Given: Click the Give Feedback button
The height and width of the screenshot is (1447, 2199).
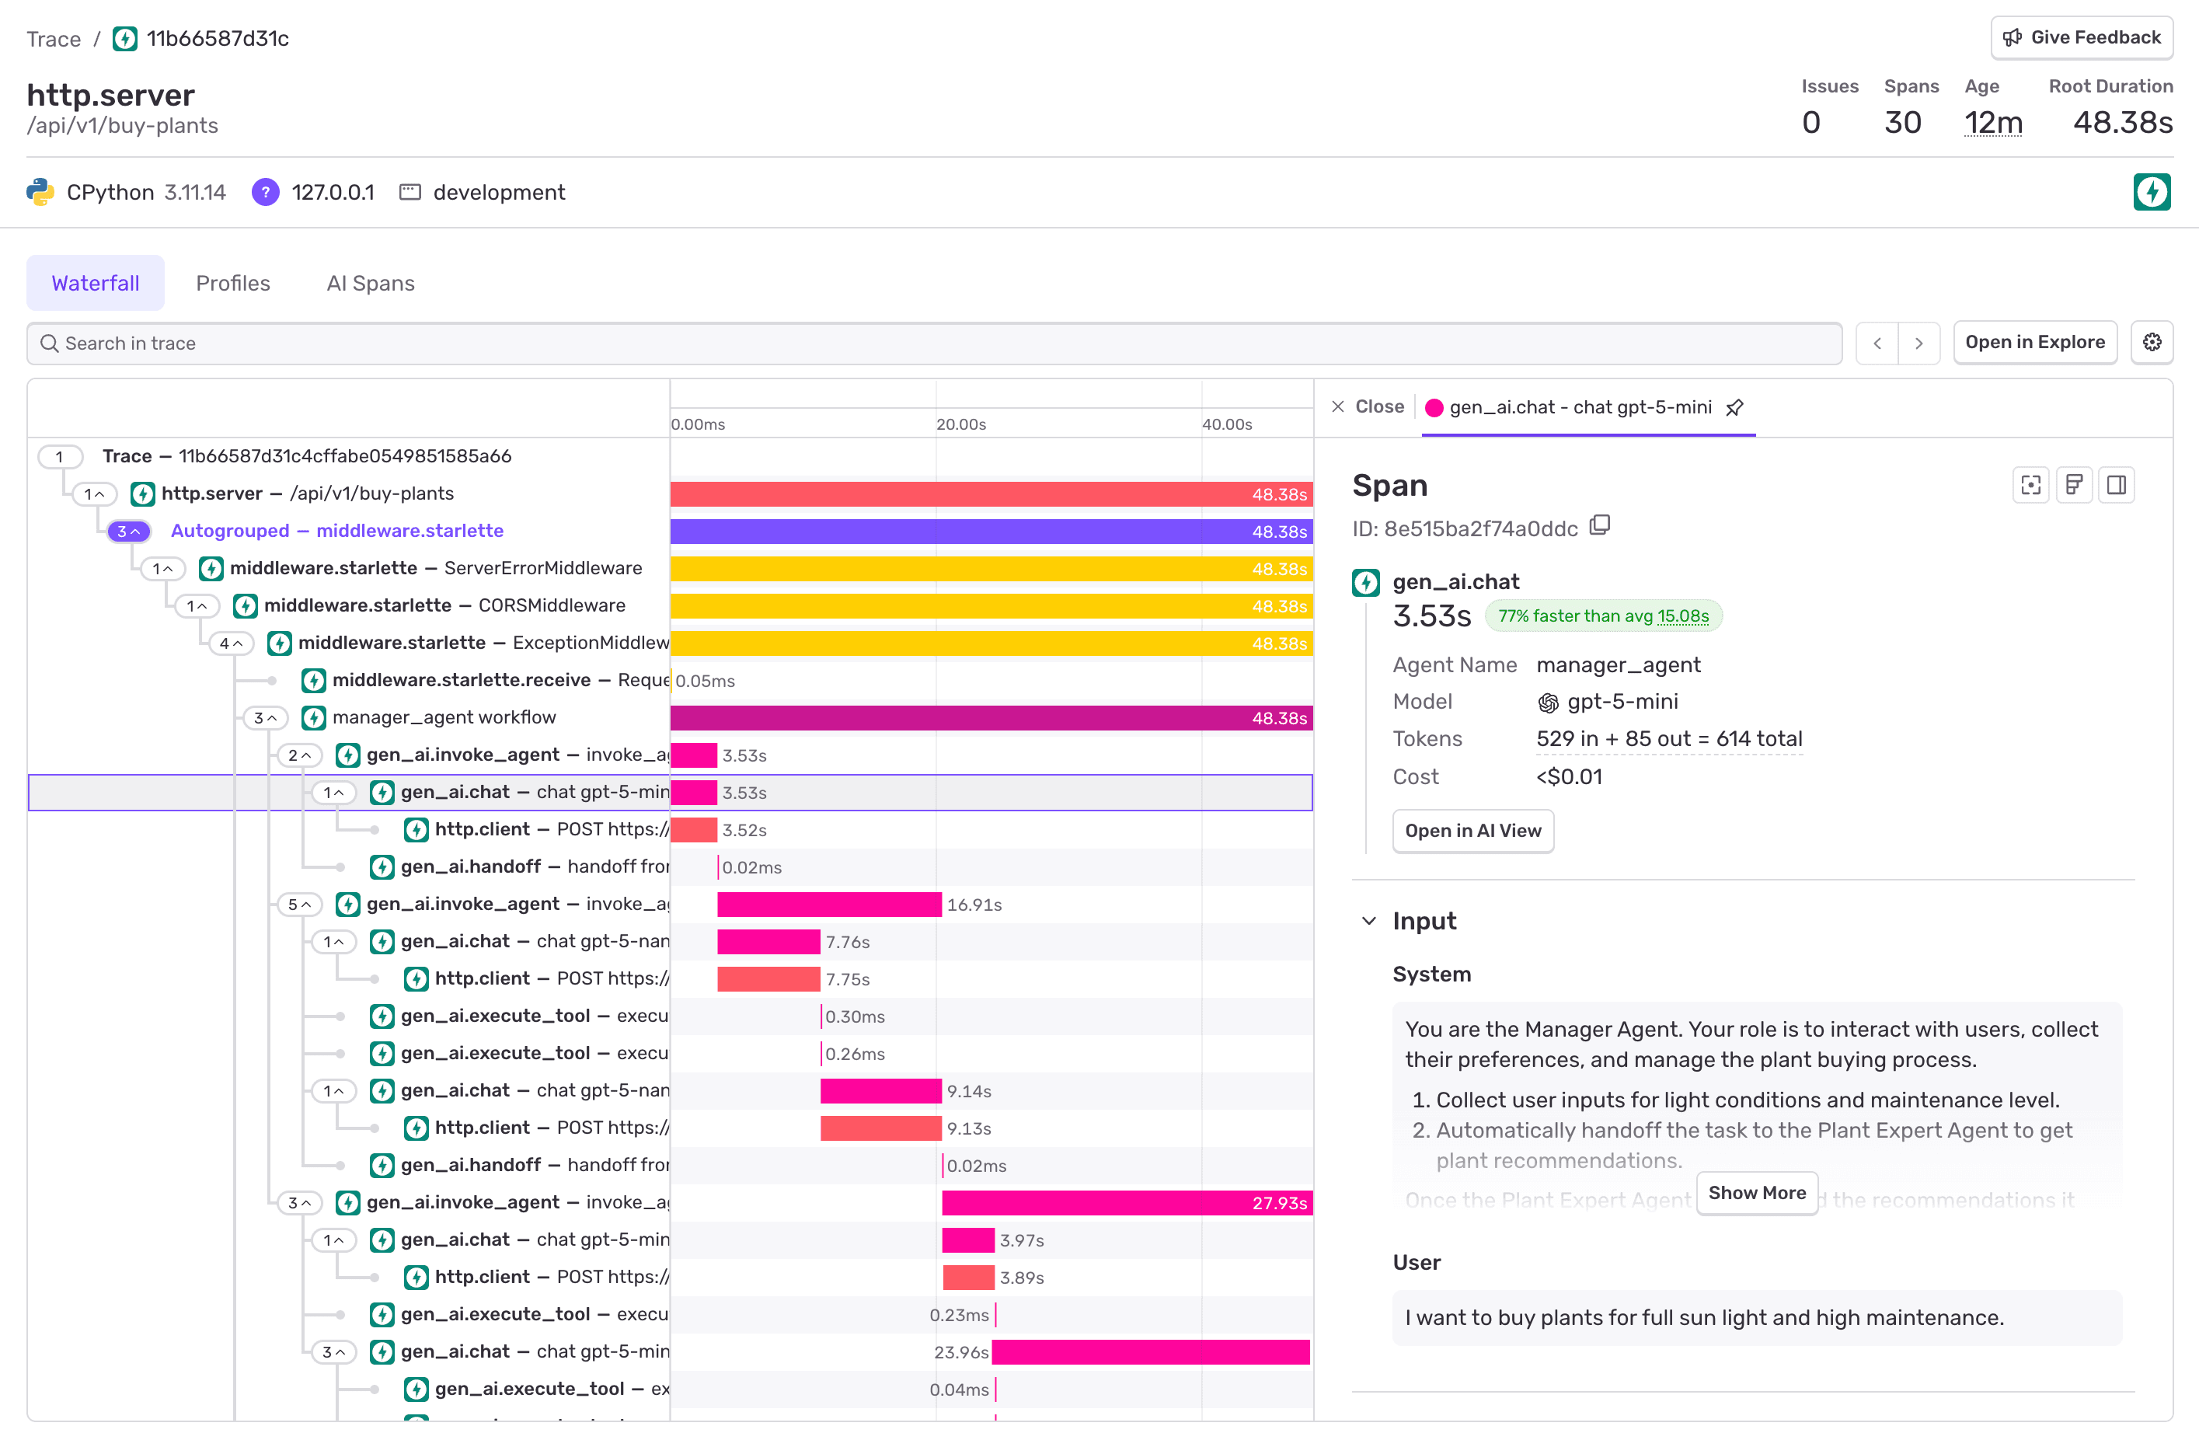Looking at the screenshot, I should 2081,38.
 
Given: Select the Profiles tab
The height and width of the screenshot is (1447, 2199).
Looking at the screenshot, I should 233,283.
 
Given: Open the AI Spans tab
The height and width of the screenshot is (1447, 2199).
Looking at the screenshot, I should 370,283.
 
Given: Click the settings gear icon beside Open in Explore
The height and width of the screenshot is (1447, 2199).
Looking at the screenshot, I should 2151,343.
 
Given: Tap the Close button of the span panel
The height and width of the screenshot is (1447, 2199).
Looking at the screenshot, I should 1368,406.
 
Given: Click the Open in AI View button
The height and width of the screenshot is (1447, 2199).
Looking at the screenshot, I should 1472,831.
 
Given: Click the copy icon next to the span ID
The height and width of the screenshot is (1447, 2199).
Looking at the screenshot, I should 1599,527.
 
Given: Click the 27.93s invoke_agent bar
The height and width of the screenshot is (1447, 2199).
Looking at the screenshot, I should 1125,1203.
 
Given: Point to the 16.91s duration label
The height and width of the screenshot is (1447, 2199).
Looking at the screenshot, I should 974,905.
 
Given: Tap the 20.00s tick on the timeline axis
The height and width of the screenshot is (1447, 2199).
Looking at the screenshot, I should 961,424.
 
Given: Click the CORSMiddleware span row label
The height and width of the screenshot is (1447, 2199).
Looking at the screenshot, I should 444,605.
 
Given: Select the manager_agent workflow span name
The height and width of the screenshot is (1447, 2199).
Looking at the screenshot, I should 444,717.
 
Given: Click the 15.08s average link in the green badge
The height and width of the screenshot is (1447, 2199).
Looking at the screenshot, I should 1682,616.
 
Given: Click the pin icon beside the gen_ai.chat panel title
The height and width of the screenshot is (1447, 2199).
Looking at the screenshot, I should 1734,407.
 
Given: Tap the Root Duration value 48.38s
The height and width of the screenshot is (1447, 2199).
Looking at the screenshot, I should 2122,122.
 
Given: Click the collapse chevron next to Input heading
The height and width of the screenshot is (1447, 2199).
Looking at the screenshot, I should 1368,921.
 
